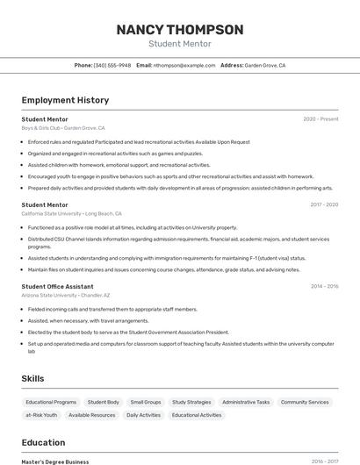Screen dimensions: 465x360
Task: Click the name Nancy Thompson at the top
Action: coord(180,30)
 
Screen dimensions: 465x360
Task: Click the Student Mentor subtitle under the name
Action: coord(180,44)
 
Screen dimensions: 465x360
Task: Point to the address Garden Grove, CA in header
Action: coord(264,65)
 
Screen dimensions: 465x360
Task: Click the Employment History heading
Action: coord(65,100)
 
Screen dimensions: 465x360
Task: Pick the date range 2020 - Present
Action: coord(320,118)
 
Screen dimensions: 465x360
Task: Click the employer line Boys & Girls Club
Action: coord(63,127)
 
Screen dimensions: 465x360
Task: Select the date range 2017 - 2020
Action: coord(324,204)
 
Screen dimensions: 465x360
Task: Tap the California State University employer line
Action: coord(71,213)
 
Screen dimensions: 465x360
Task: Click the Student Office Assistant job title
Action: coord(57,286)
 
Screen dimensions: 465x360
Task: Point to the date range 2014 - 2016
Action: coord(324,286)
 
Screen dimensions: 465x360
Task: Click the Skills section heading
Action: coord(33,378)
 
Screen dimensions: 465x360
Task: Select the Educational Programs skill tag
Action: coord(51,402)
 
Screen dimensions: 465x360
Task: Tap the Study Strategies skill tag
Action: coord(191,402)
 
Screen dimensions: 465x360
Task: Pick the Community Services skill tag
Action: coord(305,402)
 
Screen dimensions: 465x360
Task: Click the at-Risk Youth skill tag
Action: coord(41,415)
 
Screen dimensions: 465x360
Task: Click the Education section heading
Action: coord(43,442)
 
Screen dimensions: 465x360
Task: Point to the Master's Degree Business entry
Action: coord(55,461)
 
